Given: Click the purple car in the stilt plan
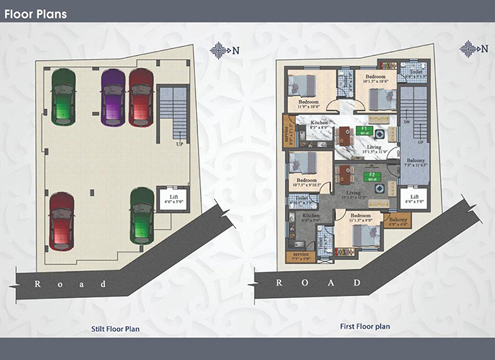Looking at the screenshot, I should click(x=113, y=97).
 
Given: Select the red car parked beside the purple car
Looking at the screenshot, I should click(x=141, y=97).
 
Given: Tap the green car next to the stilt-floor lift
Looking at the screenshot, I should click(x=142, y=215).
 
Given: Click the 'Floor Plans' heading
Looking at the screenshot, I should click(x=35, y=13).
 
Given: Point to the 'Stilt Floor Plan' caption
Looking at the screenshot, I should click(x=114, y=329).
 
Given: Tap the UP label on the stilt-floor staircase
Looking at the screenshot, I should click(x=180, y=145).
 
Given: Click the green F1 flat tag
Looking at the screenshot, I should click(x=364, y=130).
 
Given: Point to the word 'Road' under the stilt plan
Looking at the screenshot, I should click(x=69, y=284).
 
